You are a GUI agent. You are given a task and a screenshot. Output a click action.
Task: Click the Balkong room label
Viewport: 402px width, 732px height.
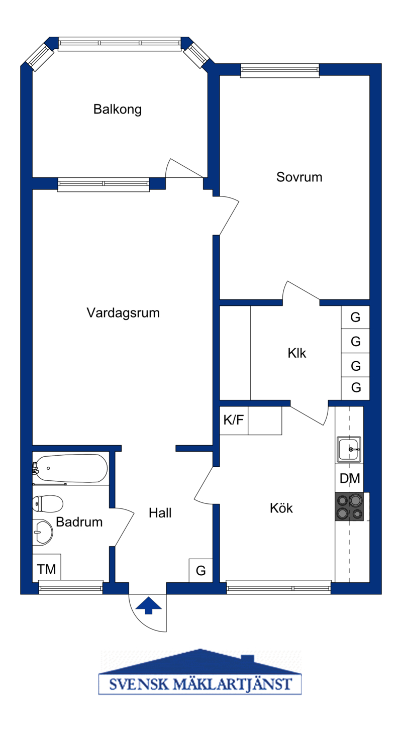[117, 110]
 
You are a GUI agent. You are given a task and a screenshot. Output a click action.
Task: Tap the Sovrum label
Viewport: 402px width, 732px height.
[299, 177]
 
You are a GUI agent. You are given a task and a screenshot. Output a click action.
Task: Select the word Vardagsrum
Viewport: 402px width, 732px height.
[123, 313]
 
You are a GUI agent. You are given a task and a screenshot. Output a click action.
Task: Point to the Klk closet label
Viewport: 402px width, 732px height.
[297, 353]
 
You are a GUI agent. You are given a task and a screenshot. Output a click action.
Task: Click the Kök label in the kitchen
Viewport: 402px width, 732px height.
[281, 508]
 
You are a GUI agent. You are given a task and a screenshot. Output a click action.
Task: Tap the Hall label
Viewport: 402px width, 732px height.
[160, 513]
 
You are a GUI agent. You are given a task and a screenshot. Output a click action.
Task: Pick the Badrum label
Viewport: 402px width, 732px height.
[79, 522]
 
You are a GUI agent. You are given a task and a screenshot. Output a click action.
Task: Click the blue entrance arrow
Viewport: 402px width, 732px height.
[149, 605]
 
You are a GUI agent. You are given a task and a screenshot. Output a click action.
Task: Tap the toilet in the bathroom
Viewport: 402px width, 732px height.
[48, 503]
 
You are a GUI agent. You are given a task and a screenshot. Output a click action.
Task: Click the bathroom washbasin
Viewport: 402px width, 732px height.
[43, 533]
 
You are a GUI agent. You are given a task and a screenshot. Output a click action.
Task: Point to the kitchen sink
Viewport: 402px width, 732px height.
[349, 450]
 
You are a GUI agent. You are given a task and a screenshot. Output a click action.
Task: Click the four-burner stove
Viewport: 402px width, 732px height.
[349, 506]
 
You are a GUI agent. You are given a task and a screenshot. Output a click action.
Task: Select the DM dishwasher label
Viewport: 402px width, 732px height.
[350, 479]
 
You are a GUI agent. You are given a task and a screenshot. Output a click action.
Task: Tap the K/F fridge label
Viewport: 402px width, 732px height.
[234, 420]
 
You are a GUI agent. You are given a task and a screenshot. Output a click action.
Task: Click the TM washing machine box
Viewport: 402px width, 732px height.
[46, 568]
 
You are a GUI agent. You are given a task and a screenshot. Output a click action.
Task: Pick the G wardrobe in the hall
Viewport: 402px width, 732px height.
[200, 571]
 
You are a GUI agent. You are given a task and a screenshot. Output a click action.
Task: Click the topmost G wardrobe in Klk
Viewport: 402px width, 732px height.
[355, 317]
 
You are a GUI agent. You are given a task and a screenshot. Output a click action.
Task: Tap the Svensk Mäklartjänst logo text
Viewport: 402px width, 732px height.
[200, 684]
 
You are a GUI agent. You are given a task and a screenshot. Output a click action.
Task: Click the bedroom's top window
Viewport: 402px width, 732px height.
[280, 70]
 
